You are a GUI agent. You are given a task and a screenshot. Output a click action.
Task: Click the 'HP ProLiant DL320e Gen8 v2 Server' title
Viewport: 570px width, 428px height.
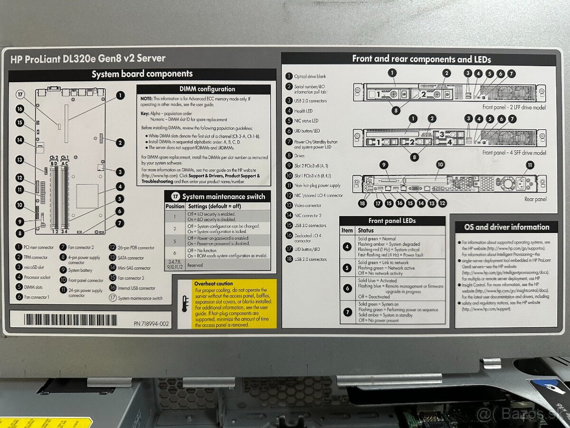(x=88, y=58)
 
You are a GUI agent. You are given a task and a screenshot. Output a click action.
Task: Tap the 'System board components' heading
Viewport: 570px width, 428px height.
(x=142, y=74)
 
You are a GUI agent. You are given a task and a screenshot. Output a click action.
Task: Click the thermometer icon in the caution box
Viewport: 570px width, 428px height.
(x=185, y=303)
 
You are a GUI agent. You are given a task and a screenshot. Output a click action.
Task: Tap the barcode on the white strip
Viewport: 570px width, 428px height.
(x=71, y=319)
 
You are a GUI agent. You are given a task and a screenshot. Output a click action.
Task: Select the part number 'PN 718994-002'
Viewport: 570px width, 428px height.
(x=151, y=324)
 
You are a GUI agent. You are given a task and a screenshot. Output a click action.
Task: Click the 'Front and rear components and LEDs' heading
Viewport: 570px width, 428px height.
(x=421, y=59)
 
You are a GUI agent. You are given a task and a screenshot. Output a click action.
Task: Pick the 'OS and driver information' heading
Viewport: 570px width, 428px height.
(x=506, y=227)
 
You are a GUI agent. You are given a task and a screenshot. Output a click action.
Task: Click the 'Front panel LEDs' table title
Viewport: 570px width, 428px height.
(x=392, y=221)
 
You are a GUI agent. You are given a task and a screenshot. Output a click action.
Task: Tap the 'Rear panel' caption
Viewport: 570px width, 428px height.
(x=535, y=199)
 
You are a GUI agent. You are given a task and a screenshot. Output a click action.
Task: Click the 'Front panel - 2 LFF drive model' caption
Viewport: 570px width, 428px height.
(x=513, y=107)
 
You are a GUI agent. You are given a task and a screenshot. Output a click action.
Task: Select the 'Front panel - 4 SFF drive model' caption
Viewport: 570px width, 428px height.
(x=514, y=153)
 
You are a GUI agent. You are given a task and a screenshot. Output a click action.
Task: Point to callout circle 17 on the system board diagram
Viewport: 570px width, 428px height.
(x=20, y=94)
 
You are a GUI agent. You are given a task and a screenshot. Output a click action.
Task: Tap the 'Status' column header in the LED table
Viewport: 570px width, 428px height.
(x=366, y=230)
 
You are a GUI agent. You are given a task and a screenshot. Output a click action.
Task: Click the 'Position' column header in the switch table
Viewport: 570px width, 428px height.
(x=175, y=206)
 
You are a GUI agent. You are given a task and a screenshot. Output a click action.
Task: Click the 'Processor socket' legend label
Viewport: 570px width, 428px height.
(x=39, y=277)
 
